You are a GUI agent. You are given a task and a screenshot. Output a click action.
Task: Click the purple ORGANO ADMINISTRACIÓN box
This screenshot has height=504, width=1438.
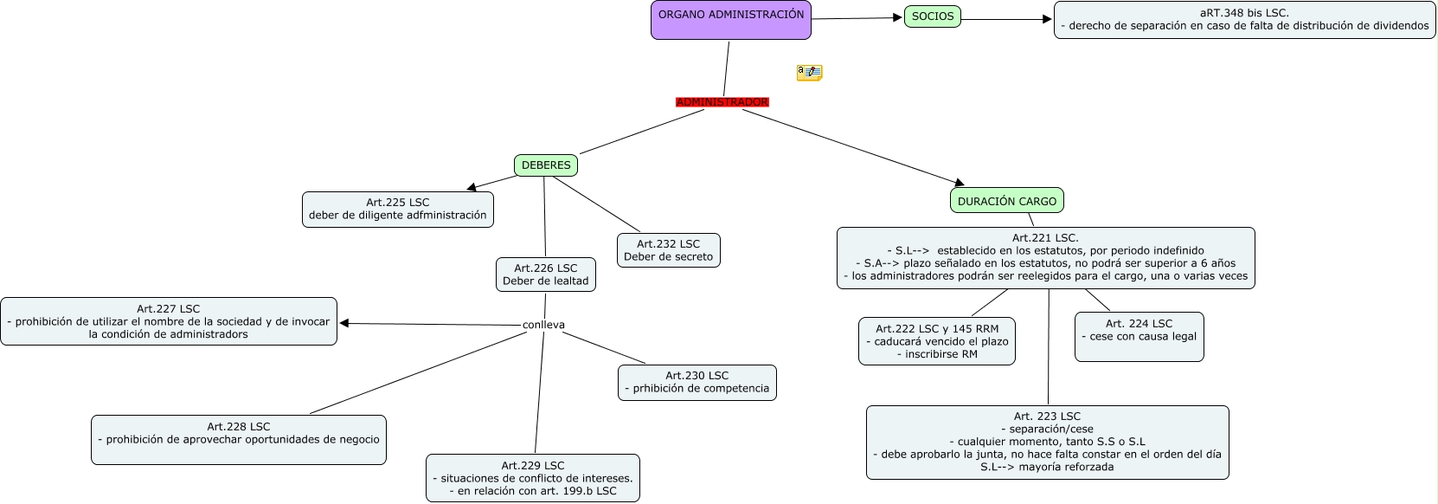pyautogui.click(x=730, y=20)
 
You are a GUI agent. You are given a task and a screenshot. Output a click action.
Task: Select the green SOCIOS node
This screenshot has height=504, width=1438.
pyautogui.click(x=933, y=16)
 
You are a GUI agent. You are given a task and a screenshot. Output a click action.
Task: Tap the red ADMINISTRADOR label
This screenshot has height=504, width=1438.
pyautogui.click(x=722, y=102)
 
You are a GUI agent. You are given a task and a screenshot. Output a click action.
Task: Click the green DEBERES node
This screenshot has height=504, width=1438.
pyautogui.click(x=546, y=165)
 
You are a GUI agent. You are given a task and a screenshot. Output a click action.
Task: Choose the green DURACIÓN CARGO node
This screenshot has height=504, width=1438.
pyautogui.click(x=1006, y=201)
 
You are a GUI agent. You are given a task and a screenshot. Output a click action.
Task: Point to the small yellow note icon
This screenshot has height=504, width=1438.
pyautogui.click(x=809, y=73)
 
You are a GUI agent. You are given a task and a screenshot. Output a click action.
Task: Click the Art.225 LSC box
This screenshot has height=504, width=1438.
pyautogui.click(x=397, y=210)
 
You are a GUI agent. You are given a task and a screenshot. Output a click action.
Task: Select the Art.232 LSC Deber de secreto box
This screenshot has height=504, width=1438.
pyautogui.click(x=668, y=250)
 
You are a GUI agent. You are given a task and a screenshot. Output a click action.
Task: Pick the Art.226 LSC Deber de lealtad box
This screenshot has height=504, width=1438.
pyautogui.click(x=545, y=275)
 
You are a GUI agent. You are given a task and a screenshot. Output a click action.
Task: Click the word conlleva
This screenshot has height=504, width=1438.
pyautogui.click(x=543, y=325)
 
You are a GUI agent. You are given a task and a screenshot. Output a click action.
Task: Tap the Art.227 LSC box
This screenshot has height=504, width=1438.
pyautogui.click(x=168, y=321)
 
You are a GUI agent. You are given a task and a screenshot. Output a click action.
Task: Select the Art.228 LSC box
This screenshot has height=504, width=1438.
pyautogui.click(x=238, y=440)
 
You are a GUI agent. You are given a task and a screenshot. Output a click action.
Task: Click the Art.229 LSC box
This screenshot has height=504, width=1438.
pyautogui.click(x=532, y=478)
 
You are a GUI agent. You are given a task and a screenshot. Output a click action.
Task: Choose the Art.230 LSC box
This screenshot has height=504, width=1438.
pyautogui.click(x=697, y=383)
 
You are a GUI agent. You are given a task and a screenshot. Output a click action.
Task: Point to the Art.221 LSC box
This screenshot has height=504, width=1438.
pyautogui.click(x=1045, y=258)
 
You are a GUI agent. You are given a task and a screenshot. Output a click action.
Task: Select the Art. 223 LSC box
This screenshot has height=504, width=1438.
pyautogui.click(x=1047, y=443)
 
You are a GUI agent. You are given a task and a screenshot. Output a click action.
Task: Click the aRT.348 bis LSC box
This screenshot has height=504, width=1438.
pyautogui.click(x=1244, y=20)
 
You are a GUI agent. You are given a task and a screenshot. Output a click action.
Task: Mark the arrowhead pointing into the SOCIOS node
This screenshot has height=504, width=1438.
pyautogui.click(x=898, y=17)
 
